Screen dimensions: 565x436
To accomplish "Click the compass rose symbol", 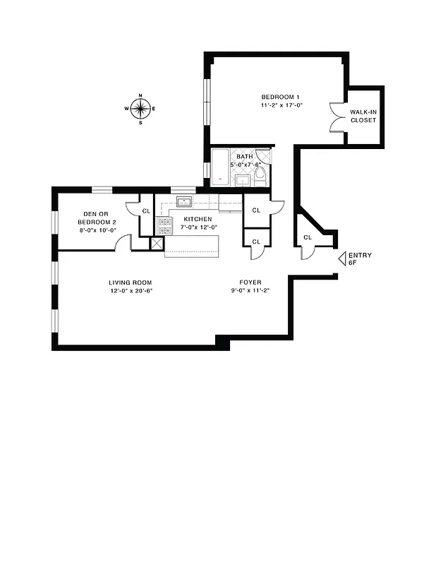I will [x=140, y=108].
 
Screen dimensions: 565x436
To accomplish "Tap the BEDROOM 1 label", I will [x=281, y=97].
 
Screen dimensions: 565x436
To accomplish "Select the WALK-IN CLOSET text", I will [x=363, y=116].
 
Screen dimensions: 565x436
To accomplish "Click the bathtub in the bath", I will [x=221, y=168].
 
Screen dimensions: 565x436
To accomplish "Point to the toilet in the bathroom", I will [x=260, y=175].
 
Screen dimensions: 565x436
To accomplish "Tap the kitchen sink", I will [x=185, y=201].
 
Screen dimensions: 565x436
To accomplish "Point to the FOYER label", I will [x=250, y=282].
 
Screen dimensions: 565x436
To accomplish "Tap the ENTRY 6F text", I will [x=360, y=258].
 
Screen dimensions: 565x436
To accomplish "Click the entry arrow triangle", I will [x=341, y=258].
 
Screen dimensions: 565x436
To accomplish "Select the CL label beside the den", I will [x=146, y=210].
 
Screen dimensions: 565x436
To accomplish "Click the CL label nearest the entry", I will [x=307, y=237].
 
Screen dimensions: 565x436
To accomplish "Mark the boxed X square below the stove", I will [x=157, y=243].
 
